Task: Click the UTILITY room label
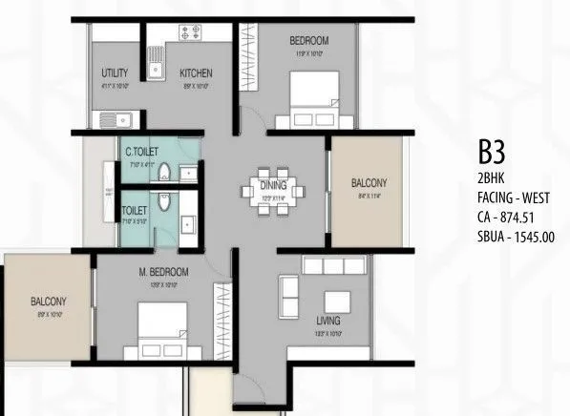[x=115, y=73]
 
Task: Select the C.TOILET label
[x=141, y=150]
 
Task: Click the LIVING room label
[x=330, y=322]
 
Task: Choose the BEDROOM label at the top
[x=309, y=40]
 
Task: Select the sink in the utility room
[x=110, y=120]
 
